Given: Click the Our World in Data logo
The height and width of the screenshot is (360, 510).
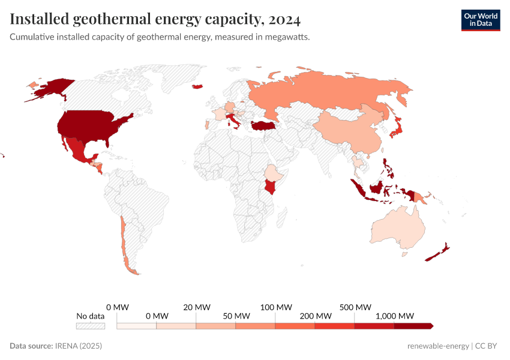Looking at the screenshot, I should [x=480, y=20].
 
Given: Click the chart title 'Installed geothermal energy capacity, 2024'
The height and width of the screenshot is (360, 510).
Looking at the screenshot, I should [x=155, y=20].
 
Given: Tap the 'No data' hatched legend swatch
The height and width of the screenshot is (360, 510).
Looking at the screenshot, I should [x=91, y=326].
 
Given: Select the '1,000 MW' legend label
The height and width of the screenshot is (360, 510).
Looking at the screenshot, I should [x=394, y=316].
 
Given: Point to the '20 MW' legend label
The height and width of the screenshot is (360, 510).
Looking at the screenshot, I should [x=196, y=307].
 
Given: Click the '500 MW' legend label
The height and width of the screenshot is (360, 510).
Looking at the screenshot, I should [x=355, y=307].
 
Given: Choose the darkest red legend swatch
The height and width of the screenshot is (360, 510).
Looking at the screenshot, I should [x=413, y=326].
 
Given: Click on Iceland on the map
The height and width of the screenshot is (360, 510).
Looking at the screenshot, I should [x=197, y=87].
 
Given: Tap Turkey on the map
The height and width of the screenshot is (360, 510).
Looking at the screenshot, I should [x=262, y=125].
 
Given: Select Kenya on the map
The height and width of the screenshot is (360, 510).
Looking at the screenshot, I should [x=273, y=187].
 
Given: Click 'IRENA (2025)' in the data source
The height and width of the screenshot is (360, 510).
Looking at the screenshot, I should [x=79, y=346].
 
